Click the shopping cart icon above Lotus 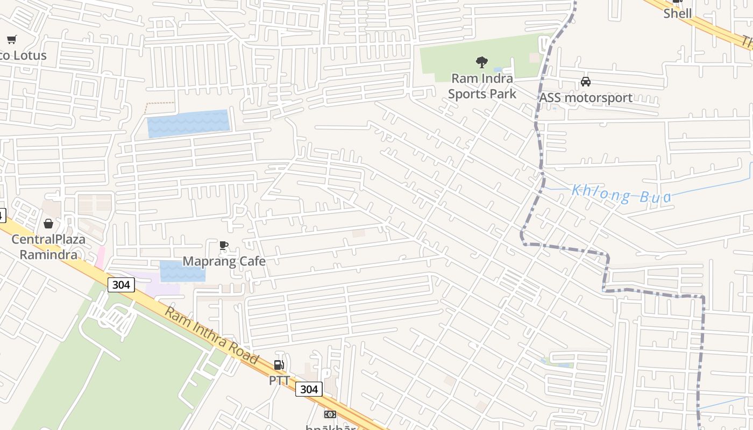(x=12, y=39)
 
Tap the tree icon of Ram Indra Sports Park (x=482, y=62)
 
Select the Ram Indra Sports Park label (x=482, y=86)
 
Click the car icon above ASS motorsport (x=586, y=82)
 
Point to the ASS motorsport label (x=586, y=98)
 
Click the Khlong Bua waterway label (x=621, y=193)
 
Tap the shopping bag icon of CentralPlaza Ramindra (x=48, y=224)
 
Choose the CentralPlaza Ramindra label (x=48, y=247)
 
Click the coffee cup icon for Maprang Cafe (x=224, y=246)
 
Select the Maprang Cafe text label (x=224, y=261)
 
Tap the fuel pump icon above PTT (x=279, y=365)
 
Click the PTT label (x=279, y=381)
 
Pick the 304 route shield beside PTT (x=309, y=389)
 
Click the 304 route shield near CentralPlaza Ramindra (x=120, y=285)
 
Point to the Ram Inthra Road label (x=211, y=335)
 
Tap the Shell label (x=677, y=13)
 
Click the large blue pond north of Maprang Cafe (x=188, y=123)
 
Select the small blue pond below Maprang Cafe (x=183, y=271)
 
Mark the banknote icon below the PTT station (x=330, y=414)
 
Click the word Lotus (x=30, y=55)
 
